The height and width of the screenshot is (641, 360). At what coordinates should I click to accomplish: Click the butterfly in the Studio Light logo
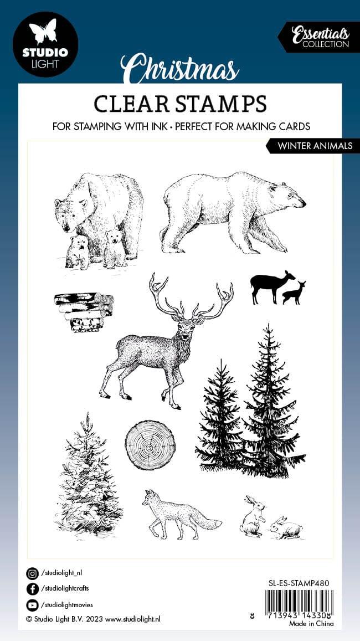tap(45, 32)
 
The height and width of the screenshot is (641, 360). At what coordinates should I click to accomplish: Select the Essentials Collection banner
tap(319, 37)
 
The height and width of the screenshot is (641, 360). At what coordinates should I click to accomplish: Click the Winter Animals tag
tap(313, 146)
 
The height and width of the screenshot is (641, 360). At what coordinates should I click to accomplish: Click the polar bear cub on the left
tap(78, 252)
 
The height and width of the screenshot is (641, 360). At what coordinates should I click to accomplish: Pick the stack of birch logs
tap(84, 311)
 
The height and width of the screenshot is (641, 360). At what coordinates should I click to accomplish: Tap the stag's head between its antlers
tap(186, 326)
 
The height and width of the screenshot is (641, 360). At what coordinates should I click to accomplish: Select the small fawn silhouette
tap(294, 293)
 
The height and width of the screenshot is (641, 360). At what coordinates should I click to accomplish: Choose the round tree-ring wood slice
tap(150, 445)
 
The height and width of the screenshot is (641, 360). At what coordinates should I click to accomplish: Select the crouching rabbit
tap(286, 528)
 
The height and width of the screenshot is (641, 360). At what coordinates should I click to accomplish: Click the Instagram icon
tap(32, 574)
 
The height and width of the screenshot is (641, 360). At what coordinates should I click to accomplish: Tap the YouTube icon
tap(32, 605)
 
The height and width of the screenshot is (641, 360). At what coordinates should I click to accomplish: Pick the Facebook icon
tap(32, 589)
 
